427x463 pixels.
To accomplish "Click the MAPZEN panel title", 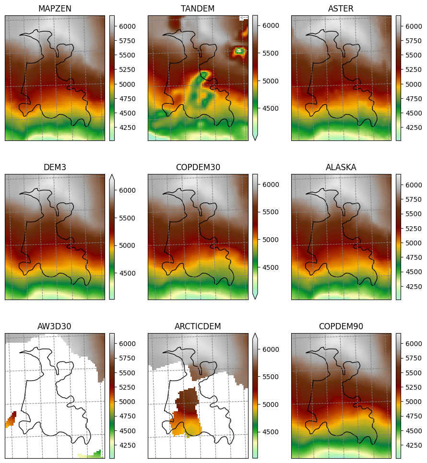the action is [55, 9].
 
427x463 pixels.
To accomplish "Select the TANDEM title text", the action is [198, 9].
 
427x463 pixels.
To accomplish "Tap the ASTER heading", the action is [341, 9].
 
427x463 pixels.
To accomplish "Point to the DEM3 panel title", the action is [55, 167].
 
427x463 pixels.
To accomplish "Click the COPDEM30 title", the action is [198, 167].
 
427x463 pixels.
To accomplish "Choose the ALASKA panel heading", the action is [341, 167].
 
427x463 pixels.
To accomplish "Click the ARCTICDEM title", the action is [198, 326].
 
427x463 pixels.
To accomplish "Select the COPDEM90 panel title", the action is [341, 326].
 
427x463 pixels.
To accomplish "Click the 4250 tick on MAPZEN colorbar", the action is [127, 127].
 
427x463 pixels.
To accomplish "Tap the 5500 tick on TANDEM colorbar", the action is [271, 54].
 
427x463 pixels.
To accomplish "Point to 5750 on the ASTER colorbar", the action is [414, 41].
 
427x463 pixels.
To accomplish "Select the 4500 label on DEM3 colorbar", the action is [127, 273].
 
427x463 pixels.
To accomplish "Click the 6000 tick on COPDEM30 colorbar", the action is [271, 185].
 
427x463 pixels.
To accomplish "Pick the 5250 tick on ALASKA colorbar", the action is [414, 229].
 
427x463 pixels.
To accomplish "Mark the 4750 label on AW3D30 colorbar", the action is [127, 416].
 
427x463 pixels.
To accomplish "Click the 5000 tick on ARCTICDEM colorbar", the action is [271, 405].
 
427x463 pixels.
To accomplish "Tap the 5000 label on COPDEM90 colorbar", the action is [414, 402].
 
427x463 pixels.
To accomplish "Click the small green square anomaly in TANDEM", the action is [239, 51].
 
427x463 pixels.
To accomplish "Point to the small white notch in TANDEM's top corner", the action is [244, 18].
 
